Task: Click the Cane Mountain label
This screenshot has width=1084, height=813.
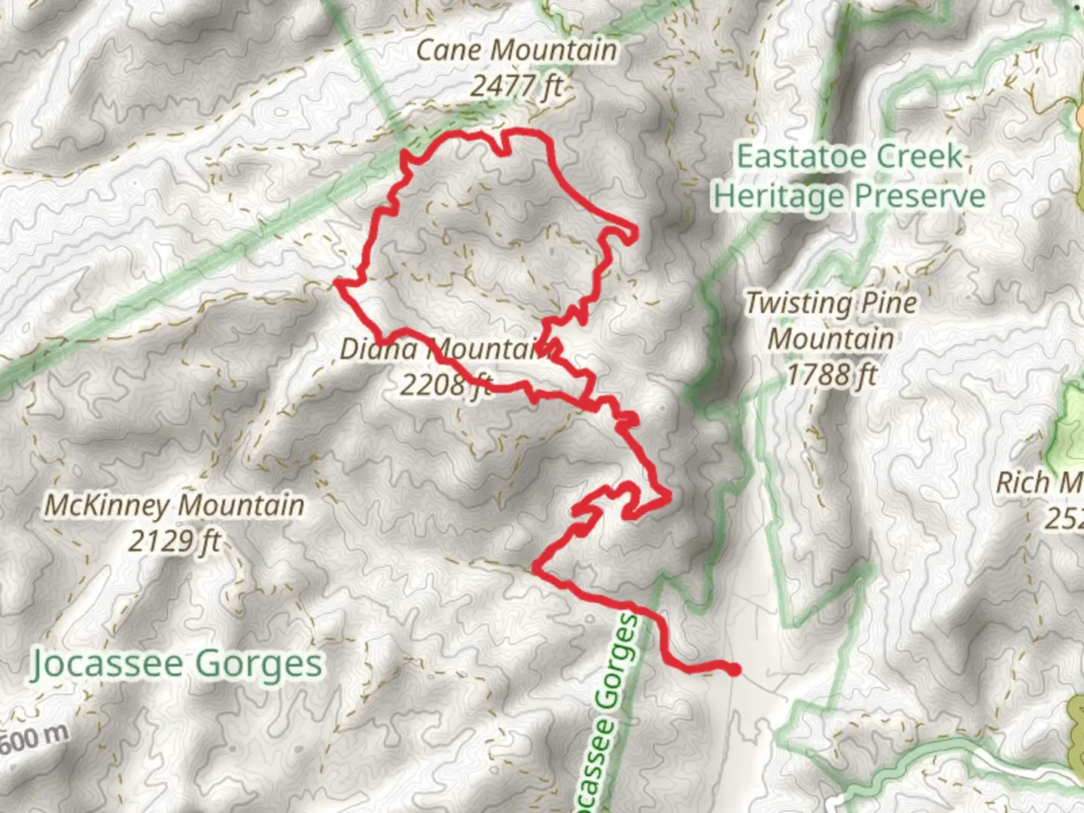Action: point(516,50)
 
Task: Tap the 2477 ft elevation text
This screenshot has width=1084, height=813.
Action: point(516,85)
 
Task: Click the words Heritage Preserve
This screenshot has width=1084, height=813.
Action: point(849,196)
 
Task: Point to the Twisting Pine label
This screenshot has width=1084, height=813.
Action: point(831,303)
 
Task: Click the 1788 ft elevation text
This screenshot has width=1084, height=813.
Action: point(831,373)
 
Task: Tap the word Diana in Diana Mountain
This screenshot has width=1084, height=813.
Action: point(379,349)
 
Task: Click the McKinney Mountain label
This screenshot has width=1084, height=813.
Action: point(175,505)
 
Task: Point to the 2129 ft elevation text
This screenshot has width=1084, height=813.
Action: point(175,540)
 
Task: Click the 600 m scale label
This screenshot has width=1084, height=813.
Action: point(34,739)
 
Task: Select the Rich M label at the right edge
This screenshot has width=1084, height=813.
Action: point(1039,483)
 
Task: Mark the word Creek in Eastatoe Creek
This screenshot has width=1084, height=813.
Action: point(919,157)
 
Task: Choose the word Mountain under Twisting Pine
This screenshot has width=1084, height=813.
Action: point(831,338)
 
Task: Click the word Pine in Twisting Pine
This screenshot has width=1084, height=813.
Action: point(889,303)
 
